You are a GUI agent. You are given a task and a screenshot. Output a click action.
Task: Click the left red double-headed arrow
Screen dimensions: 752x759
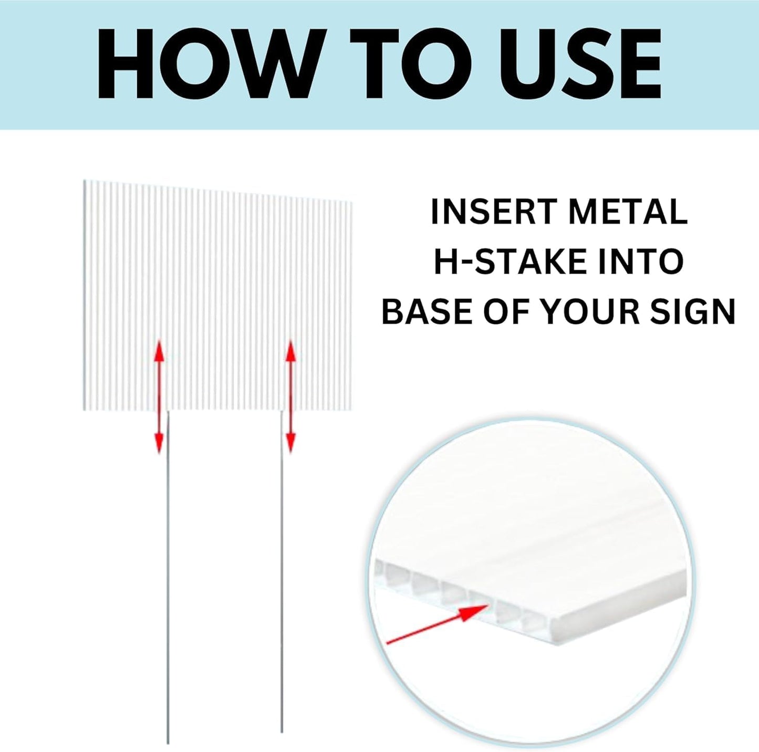(x=159, y=396)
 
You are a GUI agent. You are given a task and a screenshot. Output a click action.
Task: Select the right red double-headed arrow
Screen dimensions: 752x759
(x=290, y=396)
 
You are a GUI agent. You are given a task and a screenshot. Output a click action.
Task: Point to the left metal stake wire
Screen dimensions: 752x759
(x=168, y=578)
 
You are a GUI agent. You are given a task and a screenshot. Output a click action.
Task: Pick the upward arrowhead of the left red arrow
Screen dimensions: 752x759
(x=159, y=350)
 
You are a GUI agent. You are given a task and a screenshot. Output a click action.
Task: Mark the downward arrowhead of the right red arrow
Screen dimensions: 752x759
(x=290, y=442)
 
